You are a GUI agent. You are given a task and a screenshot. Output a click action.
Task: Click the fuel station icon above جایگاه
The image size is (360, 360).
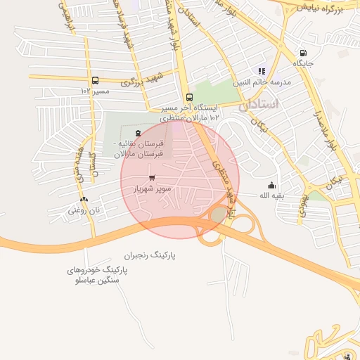[303, 53]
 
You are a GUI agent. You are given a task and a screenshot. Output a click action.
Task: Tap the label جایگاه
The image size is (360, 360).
[303, 63]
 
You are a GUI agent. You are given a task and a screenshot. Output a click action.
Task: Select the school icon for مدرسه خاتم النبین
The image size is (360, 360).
[262, 71]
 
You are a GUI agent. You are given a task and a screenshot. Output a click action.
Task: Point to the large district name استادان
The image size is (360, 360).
[258, 105]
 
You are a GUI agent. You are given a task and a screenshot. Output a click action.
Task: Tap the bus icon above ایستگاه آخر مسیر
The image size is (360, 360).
[188, 98]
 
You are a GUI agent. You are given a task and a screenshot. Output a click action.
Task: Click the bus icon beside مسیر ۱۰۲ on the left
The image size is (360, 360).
[95, 80]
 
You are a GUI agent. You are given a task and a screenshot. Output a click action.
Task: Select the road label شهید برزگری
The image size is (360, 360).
[141, 79]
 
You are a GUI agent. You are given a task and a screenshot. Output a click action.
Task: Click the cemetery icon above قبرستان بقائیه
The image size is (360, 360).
[138, 132]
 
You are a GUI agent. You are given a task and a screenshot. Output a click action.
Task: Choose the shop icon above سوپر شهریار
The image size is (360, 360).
[152, 178]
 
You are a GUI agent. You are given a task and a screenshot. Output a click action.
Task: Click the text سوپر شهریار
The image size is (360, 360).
[153, 189]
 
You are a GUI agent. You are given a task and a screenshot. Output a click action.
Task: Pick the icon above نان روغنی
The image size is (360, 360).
[84, 200]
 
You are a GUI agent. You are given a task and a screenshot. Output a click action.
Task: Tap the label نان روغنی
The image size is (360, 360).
[84, 210]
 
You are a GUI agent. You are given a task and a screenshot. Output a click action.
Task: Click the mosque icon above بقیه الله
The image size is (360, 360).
[271, 185]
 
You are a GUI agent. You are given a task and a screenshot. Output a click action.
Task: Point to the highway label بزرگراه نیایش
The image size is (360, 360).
[320, 8]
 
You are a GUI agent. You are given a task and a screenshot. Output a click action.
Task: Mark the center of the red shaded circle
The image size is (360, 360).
[180, 179]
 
